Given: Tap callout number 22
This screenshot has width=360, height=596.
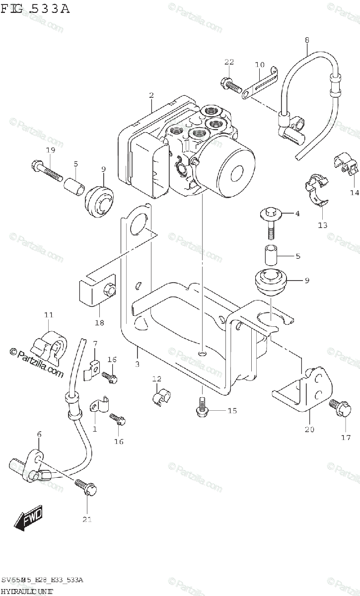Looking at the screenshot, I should click(229, 62).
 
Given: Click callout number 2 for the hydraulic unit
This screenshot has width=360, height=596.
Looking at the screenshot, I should click(151, 95).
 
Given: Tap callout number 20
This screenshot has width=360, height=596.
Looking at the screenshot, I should click(309, 429).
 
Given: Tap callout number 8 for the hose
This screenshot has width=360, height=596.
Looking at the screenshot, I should click(306, 39).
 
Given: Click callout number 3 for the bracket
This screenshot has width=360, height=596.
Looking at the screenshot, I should click(137, 364).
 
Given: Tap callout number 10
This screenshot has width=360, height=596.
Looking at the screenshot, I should click(260, 65).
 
